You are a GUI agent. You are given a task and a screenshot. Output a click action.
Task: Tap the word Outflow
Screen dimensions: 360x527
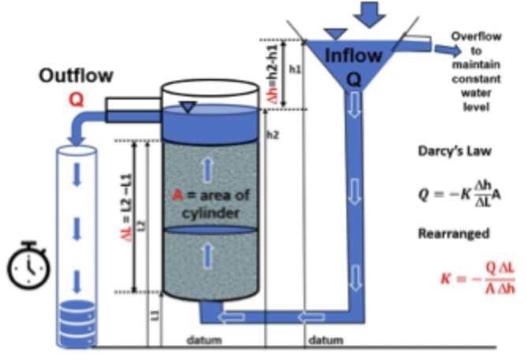pyautogui.click(x=77, y=77)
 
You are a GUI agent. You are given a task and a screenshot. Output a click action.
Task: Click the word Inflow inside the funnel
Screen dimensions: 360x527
pyautogui.click(x=356, y=57)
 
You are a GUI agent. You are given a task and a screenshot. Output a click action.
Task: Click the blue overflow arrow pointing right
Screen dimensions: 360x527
pyautogui.click(x=445, y=49)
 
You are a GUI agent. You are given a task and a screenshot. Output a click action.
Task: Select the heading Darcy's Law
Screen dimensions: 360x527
pyautogui.click(x=447, y=155)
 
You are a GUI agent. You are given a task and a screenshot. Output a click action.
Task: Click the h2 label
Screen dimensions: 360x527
pyautogui.click(x=272, y=136)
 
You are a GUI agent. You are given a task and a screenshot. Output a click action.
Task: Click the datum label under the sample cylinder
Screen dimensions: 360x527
pyautogui.click(x=202, y=340)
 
